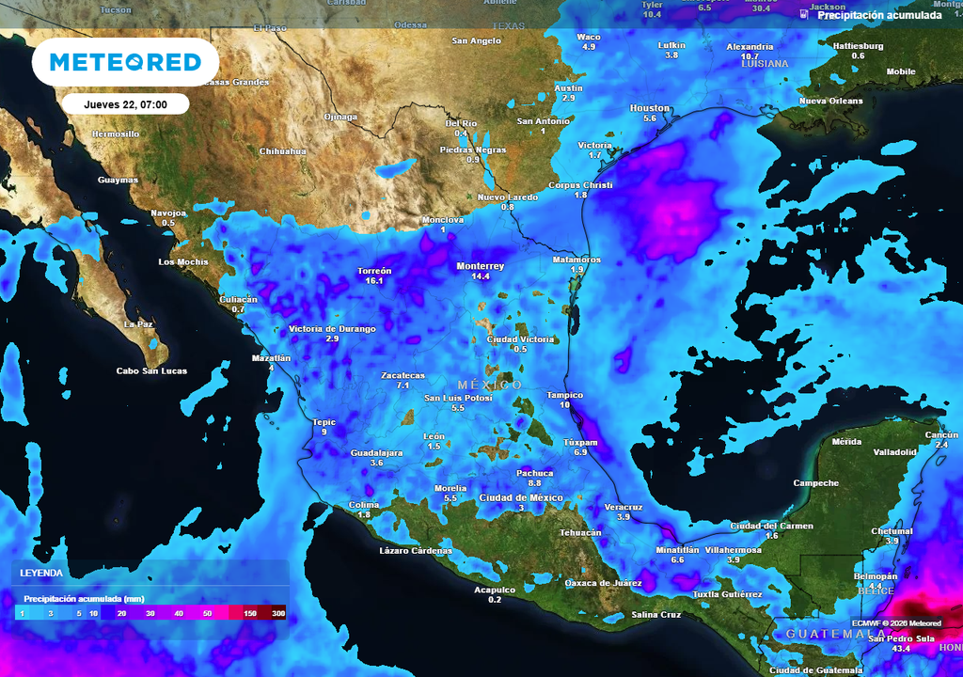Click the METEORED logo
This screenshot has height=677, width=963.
pos(125,62)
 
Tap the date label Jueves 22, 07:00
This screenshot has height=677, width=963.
pos(126,104)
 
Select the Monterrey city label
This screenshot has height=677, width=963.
pos(481,266)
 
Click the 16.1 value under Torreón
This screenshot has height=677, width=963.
pos(374,281)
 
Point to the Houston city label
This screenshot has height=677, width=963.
pos(649,108)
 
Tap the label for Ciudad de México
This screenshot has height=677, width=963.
pos(521,497)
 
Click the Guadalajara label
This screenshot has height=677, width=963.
pos(376,453)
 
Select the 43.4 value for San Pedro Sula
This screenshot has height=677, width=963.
pos(901,649)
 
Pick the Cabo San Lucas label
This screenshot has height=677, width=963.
pos(151,370)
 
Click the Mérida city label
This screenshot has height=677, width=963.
pos(846,442)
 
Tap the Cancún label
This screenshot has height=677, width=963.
pos(940,434)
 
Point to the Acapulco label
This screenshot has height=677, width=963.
pos(495,590)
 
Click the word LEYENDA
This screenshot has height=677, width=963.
pos(41,573)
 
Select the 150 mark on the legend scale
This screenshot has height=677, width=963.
pos(249,613)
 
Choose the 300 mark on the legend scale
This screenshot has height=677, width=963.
pos(278,613)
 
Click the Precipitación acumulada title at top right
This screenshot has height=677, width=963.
pos(879,15)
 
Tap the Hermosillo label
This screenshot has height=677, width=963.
pos(116,134)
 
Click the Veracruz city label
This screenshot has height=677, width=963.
pos(623,507)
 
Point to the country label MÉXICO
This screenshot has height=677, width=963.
pos(490,386)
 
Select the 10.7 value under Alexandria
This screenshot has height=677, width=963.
pos(750,56)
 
